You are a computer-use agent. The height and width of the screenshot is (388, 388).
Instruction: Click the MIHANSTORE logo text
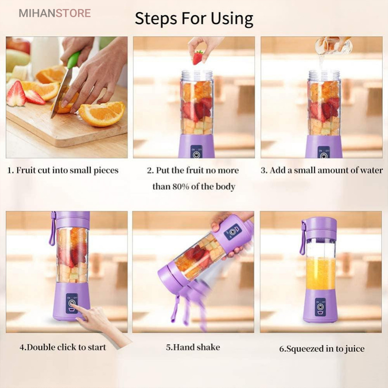coord(55,13)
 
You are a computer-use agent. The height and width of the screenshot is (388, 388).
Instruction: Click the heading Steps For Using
coord(194,19)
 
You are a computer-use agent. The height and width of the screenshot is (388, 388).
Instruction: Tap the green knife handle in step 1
coord(73,60)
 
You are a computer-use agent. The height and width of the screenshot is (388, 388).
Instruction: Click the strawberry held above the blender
coord(198,57)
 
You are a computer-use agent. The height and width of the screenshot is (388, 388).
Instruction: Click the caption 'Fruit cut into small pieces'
coord(63,170)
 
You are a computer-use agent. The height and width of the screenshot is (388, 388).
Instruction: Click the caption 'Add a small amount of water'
coord(322,170)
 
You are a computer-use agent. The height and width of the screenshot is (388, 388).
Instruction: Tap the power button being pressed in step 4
coord(72,303)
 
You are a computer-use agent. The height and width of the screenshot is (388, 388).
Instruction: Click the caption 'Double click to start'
coord(63,347)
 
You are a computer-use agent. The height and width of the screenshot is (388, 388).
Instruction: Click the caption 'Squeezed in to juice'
coord(322,349)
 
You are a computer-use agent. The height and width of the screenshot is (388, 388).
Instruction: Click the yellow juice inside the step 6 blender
coord(320,273)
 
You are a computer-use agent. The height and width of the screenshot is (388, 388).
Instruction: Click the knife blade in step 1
coord(60,93)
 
